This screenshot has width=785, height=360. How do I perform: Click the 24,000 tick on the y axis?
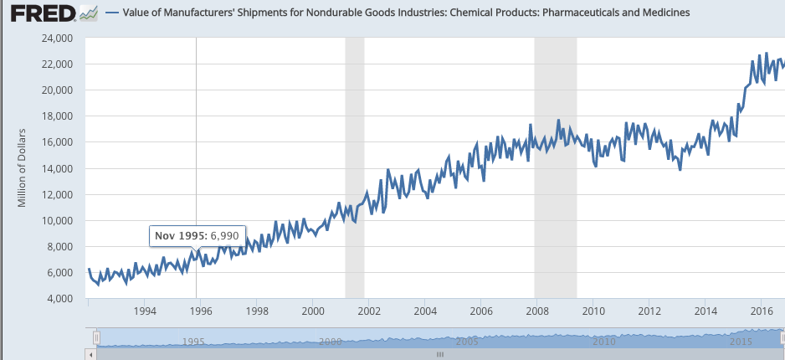coord(57,39)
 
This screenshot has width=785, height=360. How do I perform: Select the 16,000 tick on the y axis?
coord(57,142)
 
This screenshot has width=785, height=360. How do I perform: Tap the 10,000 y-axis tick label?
coord(57,220)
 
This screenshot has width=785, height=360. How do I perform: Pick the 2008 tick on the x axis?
coord(536,312)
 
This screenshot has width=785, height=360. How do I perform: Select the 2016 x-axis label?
coord(761,312)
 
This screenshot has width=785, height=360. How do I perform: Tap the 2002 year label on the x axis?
coord(368,312)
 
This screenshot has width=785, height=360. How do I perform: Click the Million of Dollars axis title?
coord(23,167)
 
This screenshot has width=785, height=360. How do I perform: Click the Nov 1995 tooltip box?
coord(197,236)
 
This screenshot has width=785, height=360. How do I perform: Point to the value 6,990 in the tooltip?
coord(224,236)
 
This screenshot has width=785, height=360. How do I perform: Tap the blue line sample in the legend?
coord(114,13)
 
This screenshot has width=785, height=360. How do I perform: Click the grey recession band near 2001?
coord(355,167)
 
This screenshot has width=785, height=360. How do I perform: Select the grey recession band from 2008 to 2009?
coord(555,167)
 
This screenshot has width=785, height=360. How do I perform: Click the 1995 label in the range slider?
coord(194,342)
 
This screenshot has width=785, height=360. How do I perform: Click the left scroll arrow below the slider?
coord(93,354)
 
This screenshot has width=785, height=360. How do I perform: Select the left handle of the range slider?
coord(97,337)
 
